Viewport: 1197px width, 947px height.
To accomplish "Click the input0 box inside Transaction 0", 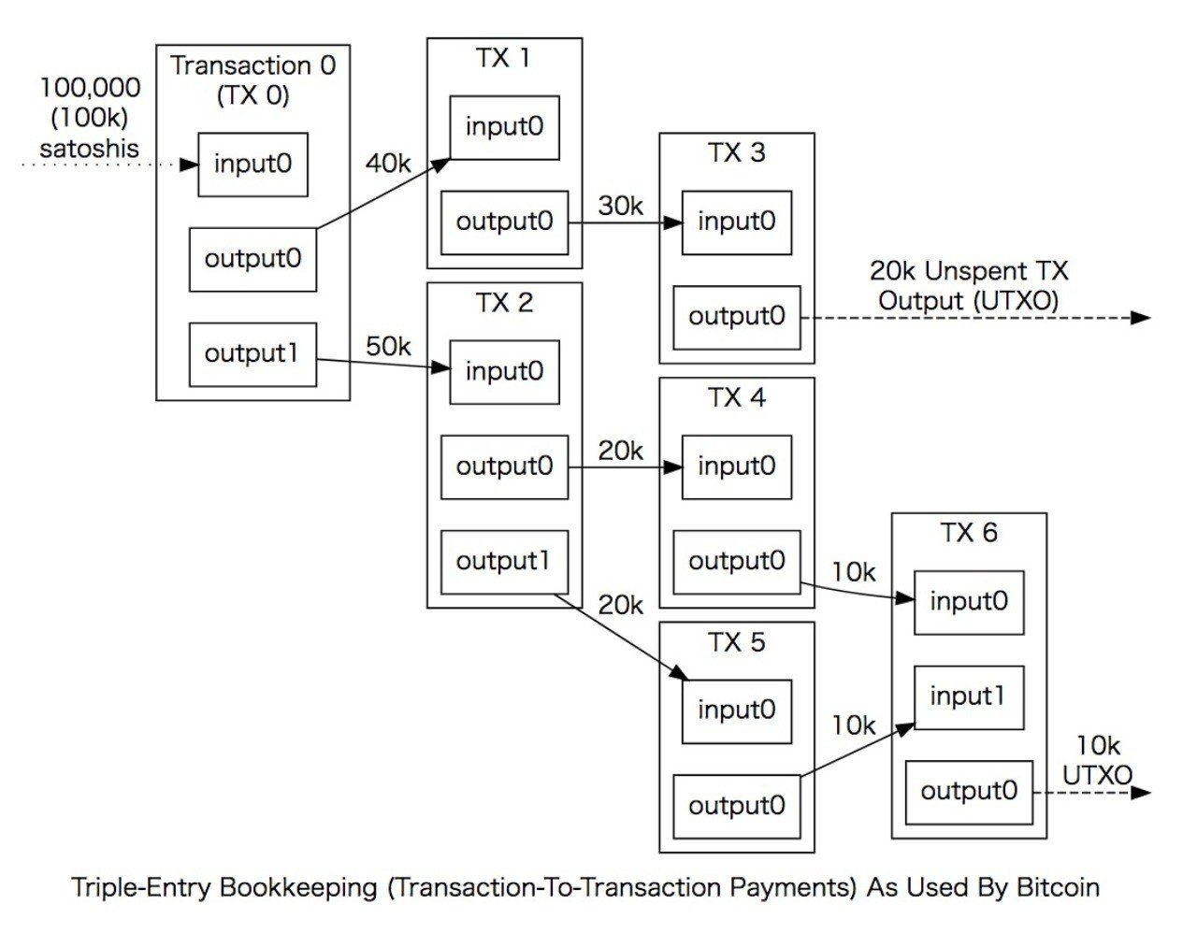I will [x=252, y=165].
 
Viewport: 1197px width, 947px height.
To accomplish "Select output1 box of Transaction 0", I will [x=252, y=354].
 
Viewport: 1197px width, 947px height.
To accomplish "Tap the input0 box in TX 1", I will [x=504, y=127].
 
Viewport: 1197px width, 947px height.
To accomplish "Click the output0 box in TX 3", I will [x=737, y=317].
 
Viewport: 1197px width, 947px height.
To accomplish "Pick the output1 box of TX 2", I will [x=504, y=562].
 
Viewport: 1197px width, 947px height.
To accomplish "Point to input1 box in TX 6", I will [x=968, y=697].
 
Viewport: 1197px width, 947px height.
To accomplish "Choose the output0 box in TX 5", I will [x=737, y=806].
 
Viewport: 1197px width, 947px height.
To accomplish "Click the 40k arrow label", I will [x=387, y=164].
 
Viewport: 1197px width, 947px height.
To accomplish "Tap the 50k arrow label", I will [x=388, y=347].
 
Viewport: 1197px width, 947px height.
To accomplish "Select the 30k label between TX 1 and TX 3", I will [x=620, y=206].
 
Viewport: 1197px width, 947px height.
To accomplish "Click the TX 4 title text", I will [x=737, y=398].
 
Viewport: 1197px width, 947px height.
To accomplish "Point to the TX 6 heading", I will [x=968, y=533].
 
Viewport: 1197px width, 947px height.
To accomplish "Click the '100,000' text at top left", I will [x=91, y=88].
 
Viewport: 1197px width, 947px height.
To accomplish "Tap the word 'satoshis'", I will [x=90, y=148].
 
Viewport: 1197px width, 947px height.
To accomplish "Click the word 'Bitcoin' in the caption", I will [x=1057, y=887].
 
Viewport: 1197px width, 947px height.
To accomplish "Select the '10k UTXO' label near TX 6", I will [x=1097, y=760].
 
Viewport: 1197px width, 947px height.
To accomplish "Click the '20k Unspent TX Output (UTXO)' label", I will [x=969, y=286].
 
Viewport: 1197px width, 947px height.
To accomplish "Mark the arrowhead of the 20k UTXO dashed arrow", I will [x=1141, y=318].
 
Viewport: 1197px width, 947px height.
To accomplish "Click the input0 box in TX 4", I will [x=737, y=466].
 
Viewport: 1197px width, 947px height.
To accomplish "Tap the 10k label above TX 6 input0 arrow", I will [x=853, y=572].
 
